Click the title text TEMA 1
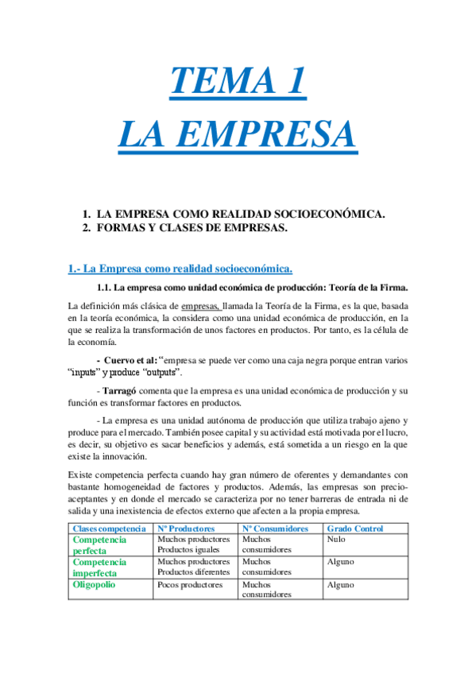click(237, 82)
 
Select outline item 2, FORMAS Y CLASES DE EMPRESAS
click(191, 228)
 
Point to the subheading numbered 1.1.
click(252, 287)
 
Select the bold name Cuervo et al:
click(130, 359)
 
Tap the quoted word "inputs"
click(91, 372)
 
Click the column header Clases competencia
click(109, 529)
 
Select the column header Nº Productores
click(186, 529)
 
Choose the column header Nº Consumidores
click(274, 529)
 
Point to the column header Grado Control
click(354, 529)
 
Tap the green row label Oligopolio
click(95, 584)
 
